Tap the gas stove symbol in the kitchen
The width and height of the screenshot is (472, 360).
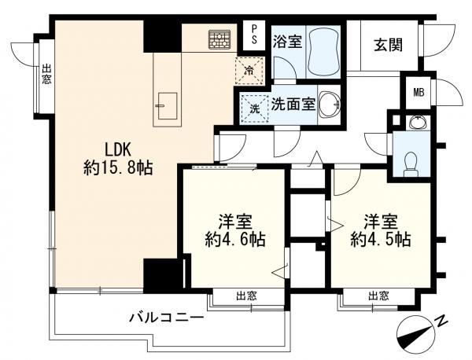[x=219, y=39]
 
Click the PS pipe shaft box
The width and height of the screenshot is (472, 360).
[x=254, y=34]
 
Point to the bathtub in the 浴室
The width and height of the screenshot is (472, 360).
[x=323, y=50]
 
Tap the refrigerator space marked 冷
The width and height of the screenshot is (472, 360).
[x=249, y=71]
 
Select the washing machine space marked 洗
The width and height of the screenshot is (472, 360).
[x=255, y=108]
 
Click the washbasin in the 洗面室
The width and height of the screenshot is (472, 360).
[x=330, y=104]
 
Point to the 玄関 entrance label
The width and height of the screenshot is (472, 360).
[x=389, y=46]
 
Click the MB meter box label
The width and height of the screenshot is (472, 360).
[x=419, y=93]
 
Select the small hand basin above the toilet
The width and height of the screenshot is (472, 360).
[x=418, y=123]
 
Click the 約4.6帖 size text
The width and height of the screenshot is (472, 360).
[x=235, y=240]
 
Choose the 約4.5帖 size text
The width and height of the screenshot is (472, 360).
[x=380, y=240]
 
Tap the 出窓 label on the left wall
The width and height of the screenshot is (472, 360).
[x=46, y=75]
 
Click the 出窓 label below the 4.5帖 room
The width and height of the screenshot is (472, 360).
[x=378, y=296]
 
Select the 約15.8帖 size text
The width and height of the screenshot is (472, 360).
[x=118, y=168]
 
